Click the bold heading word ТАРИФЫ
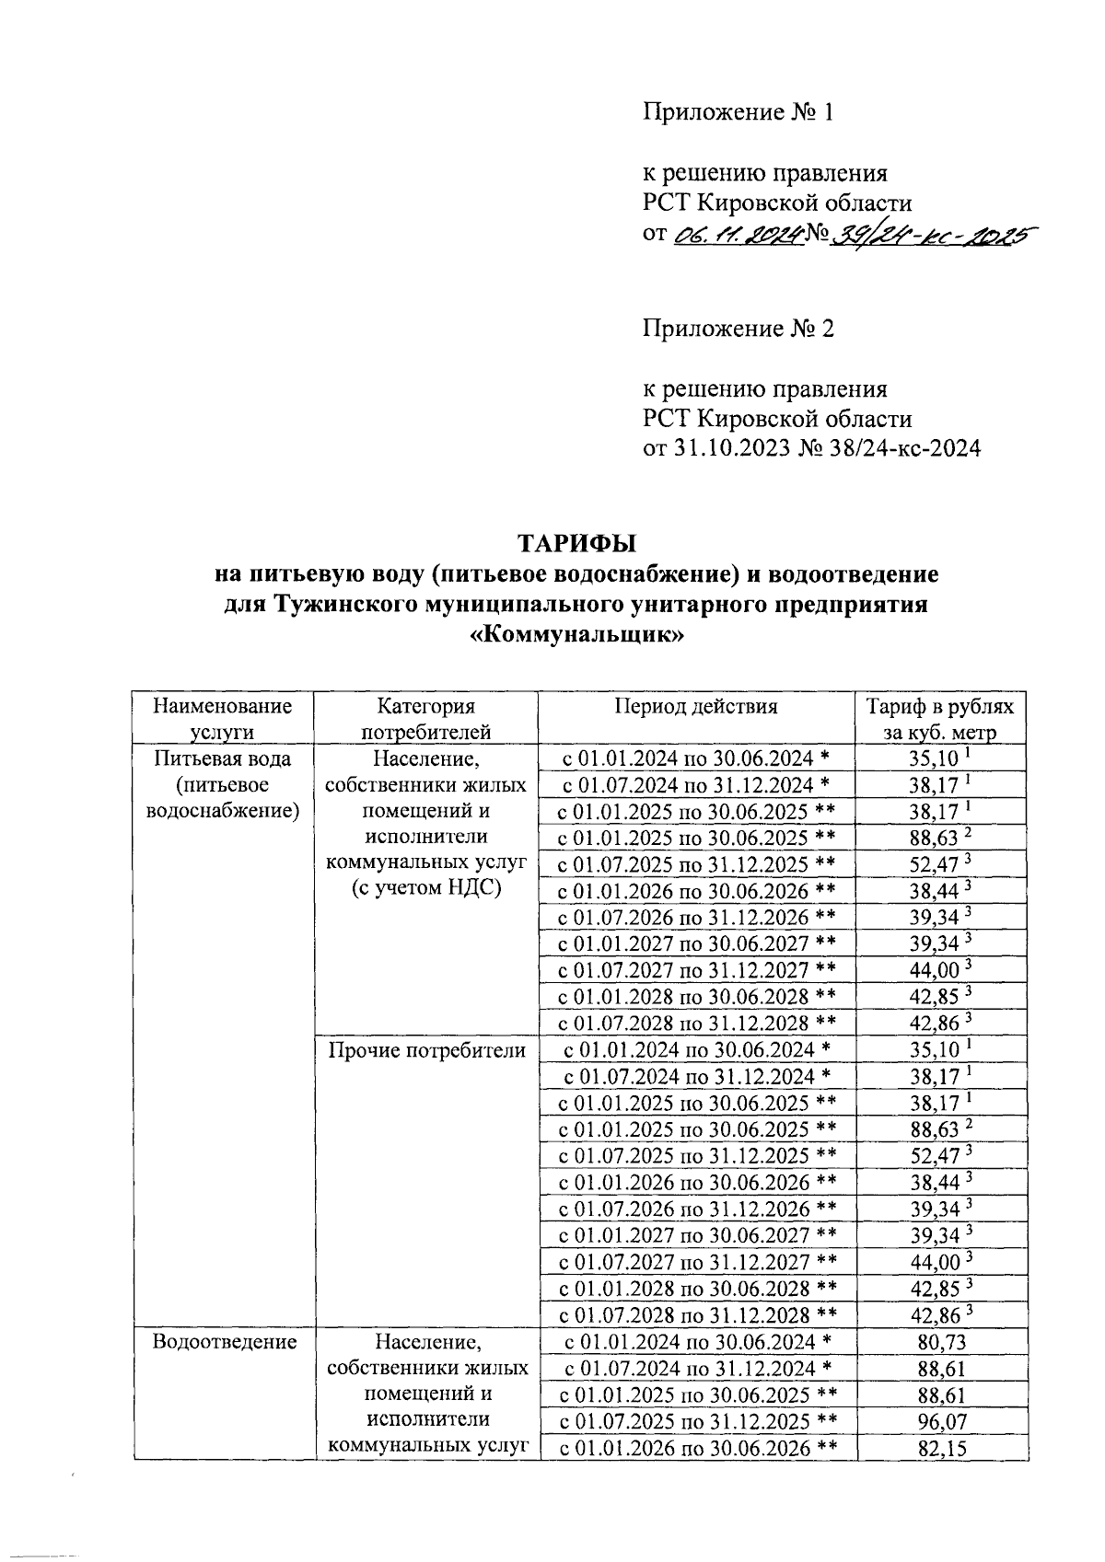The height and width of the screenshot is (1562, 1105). [x=576, y=543]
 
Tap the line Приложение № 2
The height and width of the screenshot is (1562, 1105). [x=738, y=329]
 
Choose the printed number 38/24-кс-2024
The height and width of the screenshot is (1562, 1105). [x=892, y=449]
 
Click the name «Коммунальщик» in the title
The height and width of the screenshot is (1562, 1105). [x=576, y=636]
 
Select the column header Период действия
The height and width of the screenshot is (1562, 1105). [x=695, y=707]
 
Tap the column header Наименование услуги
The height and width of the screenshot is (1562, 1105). [x=222, y=719]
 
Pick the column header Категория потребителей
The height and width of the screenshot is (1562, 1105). [x=425, y=719]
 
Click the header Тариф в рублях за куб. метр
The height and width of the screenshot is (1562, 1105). [x=940, y=719]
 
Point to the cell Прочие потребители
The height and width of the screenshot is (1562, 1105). [x=426, y=1050]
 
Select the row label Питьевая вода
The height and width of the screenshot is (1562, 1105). [x=222, y=759]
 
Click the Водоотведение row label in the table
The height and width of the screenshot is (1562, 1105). [x=225, y=1342]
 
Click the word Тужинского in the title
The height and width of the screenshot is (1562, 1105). [x=348, y=605]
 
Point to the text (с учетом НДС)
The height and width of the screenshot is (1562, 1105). [x=425, y=889]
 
